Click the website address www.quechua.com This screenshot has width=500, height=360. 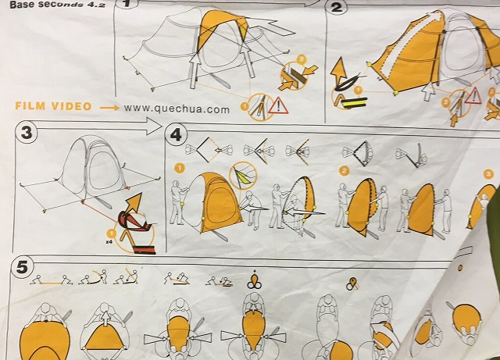177,109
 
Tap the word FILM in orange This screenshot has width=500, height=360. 30,106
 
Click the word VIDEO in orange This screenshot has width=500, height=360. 71,106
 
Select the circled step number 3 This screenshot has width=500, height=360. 26,132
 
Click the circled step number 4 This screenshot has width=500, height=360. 175,134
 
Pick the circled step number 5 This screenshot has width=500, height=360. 22,266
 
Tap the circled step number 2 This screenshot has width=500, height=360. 336,6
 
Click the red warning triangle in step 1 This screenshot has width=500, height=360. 278,106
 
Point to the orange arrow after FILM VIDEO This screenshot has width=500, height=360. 109,108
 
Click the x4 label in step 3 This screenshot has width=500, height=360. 109,242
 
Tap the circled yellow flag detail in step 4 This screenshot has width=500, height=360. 243,176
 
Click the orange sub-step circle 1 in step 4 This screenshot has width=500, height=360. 180,168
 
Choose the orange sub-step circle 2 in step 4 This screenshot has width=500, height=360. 344,171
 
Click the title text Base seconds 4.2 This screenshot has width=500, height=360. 58,5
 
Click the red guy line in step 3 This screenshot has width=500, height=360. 99,211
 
